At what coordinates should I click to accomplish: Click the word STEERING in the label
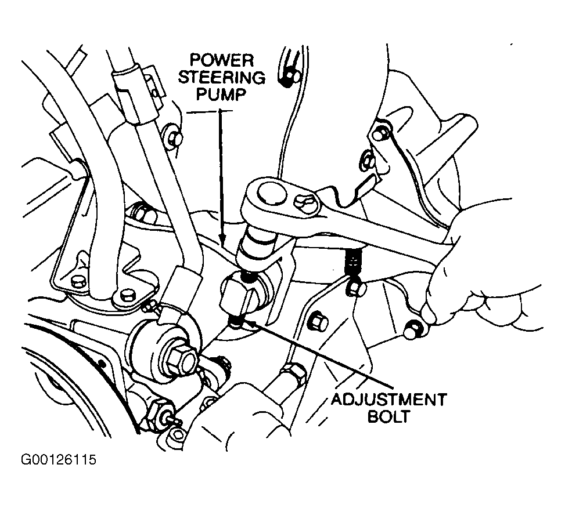tap(223, 77)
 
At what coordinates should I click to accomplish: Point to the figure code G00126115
tap(58, 460)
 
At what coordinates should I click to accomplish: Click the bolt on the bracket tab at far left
tap(78, 281)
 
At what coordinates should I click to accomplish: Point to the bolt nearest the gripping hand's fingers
tap(413, 328)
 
